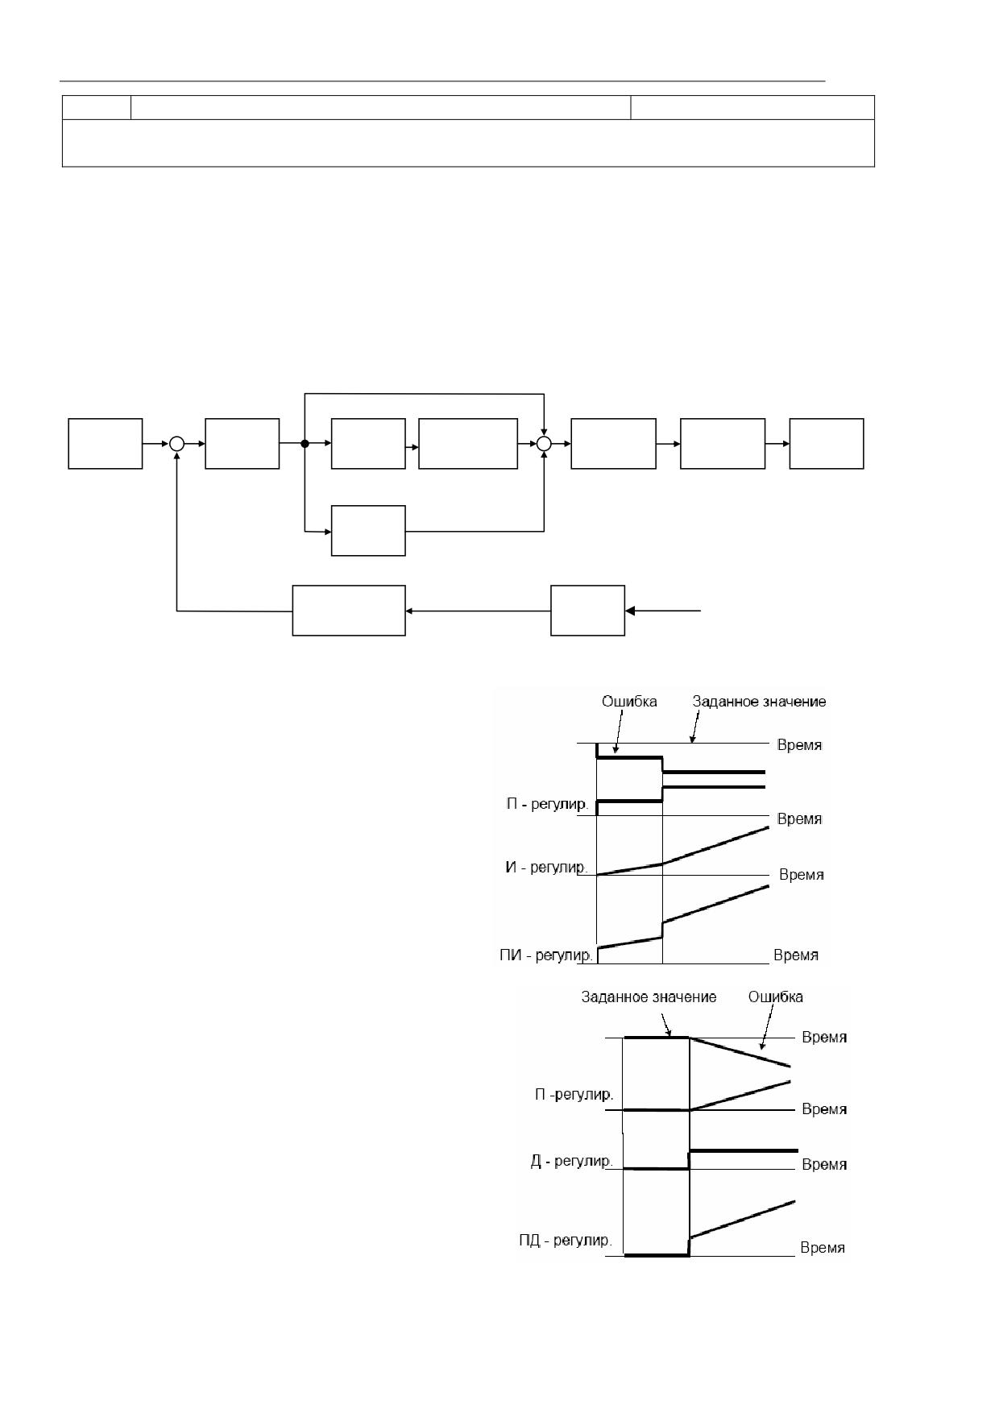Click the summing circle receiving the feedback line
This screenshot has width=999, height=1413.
pyautogui.click(x=177, y=443)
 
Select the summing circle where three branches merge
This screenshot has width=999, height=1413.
pyautogui.click(x=545, y=443)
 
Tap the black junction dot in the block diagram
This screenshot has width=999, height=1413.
pyautogui.click(x=305, y=443)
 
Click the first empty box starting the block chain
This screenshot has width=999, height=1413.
pyautogui.click(x=106, y=443)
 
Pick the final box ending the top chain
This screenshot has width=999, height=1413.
pyautogui.click(x=827, y=443)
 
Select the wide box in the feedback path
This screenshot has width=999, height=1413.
pyautogui.click(x=349, y=611)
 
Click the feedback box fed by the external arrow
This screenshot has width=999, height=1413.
pyautogui.click(x=588, y=611)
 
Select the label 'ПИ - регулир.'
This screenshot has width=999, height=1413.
pyautogui.click(x=546, y=955)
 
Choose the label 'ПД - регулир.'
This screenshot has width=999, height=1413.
pyautogui.click(x=566, y=1240)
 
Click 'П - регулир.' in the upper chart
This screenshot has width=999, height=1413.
pyautogui.click(x=548, y=805)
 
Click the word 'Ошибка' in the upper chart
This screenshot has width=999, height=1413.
pyautogui.click(x=629, y=702)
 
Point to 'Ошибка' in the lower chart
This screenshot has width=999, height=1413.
pyautogui.click(x=776, y=997)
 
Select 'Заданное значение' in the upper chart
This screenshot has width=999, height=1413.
pyautogui.click(x=760, y=702)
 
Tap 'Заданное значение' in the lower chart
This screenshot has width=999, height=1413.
pyautogui.click(x=649, y=997)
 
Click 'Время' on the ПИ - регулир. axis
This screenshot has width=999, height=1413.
pyautogui.click(x=796, y=955)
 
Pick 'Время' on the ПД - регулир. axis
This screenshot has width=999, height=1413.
pyautogui.click(x=823, y=1248)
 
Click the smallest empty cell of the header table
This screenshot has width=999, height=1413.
pyautogui.click(x=97, y=108)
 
